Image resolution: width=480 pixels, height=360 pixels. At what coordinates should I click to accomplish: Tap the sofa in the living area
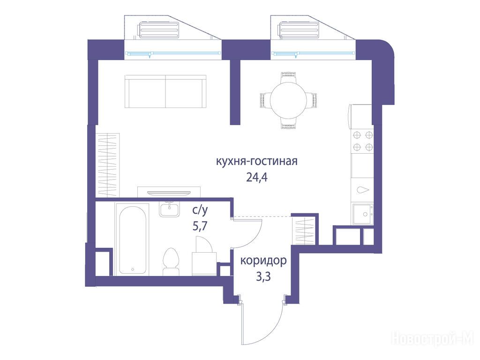(165, 91)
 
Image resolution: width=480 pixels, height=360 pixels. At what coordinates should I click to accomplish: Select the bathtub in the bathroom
(133, 240)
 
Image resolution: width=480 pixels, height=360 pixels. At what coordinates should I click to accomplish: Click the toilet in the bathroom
(171, 262)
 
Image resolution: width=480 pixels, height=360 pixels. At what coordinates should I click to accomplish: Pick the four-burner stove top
(363, 141)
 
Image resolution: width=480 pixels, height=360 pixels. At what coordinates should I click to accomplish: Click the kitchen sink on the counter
(363, 214)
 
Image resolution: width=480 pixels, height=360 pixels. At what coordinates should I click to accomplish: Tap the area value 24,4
(256, 177)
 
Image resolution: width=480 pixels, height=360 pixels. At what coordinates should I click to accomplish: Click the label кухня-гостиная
(256, 161)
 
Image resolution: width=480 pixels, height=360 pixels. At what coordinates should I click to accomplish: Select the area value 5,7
(200, 226)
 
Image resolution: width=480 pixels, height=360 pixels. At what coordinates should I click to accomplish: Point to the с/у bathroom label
(200, 210)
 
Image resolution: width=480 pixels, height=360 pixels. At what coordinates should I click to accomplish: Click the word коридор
(263, 261)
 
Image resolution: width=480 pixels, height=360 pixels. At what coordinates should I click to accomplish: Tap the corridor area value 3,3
(263, 277)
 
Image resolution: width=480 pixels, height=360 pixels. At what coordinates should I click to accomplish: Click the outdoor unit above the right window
(299, 30)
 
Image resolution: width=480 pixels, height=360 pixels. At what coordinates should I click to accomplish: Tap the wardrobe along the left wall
(107, 165)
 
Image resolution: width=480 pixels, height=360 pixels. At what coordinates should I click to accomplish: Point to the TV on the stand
(169, 193)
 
